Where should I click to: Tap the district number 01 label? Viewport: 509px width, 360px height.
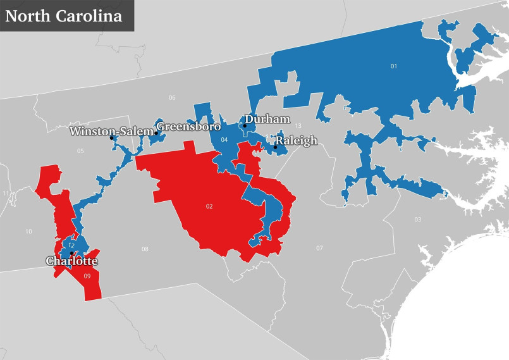coord(394,66)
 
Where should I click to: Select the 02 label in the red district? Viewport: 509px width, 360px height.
coord(209,206)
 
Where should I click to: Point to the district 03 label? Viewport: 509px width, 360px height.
coord(417,220)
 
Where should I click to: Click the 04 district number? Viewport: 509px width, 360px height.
coord(224,139)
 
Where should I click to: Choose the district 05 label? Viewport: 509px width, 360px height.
coord(80,151)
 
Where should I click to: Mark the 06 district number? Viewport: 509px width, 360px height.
coord(171,97)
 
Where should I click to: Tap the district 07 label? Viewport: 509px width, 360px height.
coord(319,247)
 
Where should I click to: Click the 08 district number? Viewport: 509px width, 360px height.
coord(145,249)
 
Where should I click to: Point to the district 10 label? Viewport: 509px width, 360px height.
coord(28,232)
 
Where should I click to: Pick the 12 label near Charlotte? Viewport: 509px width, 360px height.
coord(71,245)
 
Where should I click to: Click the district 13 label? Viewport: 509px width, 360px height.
coord(298,126)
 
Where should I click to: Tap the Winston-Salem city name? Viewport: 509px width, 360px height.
coord(111,132)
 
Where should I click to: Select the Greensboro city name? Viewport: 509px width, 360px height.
coord(188,127)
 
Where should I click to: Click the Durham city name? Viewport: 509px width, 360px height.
coord(267,119)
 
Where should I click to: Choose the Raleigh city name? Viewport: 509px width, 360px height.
coord(296,141)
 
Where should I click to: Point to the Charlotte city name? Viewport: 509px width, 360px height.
coord(72,261)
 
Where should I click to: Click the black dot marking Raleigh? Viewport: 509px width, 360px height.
coord(275,147)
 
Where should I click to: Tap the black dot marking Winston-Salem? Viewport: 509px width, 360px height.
coord(111,138)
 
